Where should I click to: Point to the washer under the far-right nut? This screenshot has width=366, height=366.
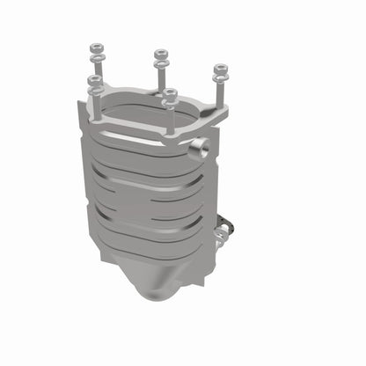[x=218, y=77]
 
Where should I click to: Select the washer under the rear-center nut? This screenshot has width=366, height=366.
[x=160, y=64]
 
